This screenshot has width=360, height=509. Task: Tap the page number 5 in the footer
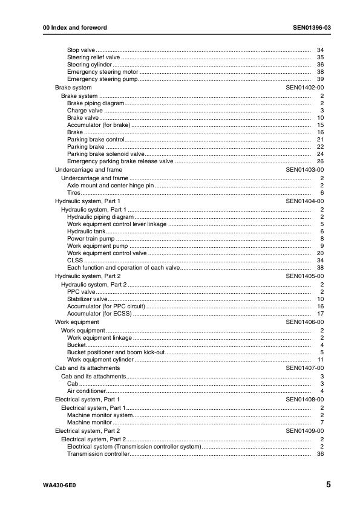point(327,485)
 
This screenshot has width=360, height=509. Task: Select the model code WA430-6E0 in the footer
point(60,485)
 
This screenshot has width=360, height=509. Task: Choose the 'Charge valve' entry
point(85,111)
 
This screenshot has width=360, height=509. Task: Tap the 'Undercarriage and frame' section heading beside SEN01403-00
point(84,170)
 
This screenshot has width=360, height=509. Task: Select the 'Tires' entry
point(74,193)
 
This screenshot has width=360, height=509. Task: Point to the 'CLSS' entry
point(75,261)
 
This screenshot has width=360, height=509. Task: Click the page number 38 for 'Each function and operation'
point(321,268)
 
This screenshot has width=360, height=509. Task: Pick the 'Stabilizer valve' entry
point(87,299)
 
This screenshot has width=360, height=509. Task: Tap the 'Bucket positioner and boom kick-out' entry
point(115,352)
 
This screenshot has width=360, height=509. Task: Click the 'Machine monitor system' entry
point(99,415)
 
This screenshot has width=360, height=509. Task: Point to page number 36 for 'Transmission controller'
point(321,454)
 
